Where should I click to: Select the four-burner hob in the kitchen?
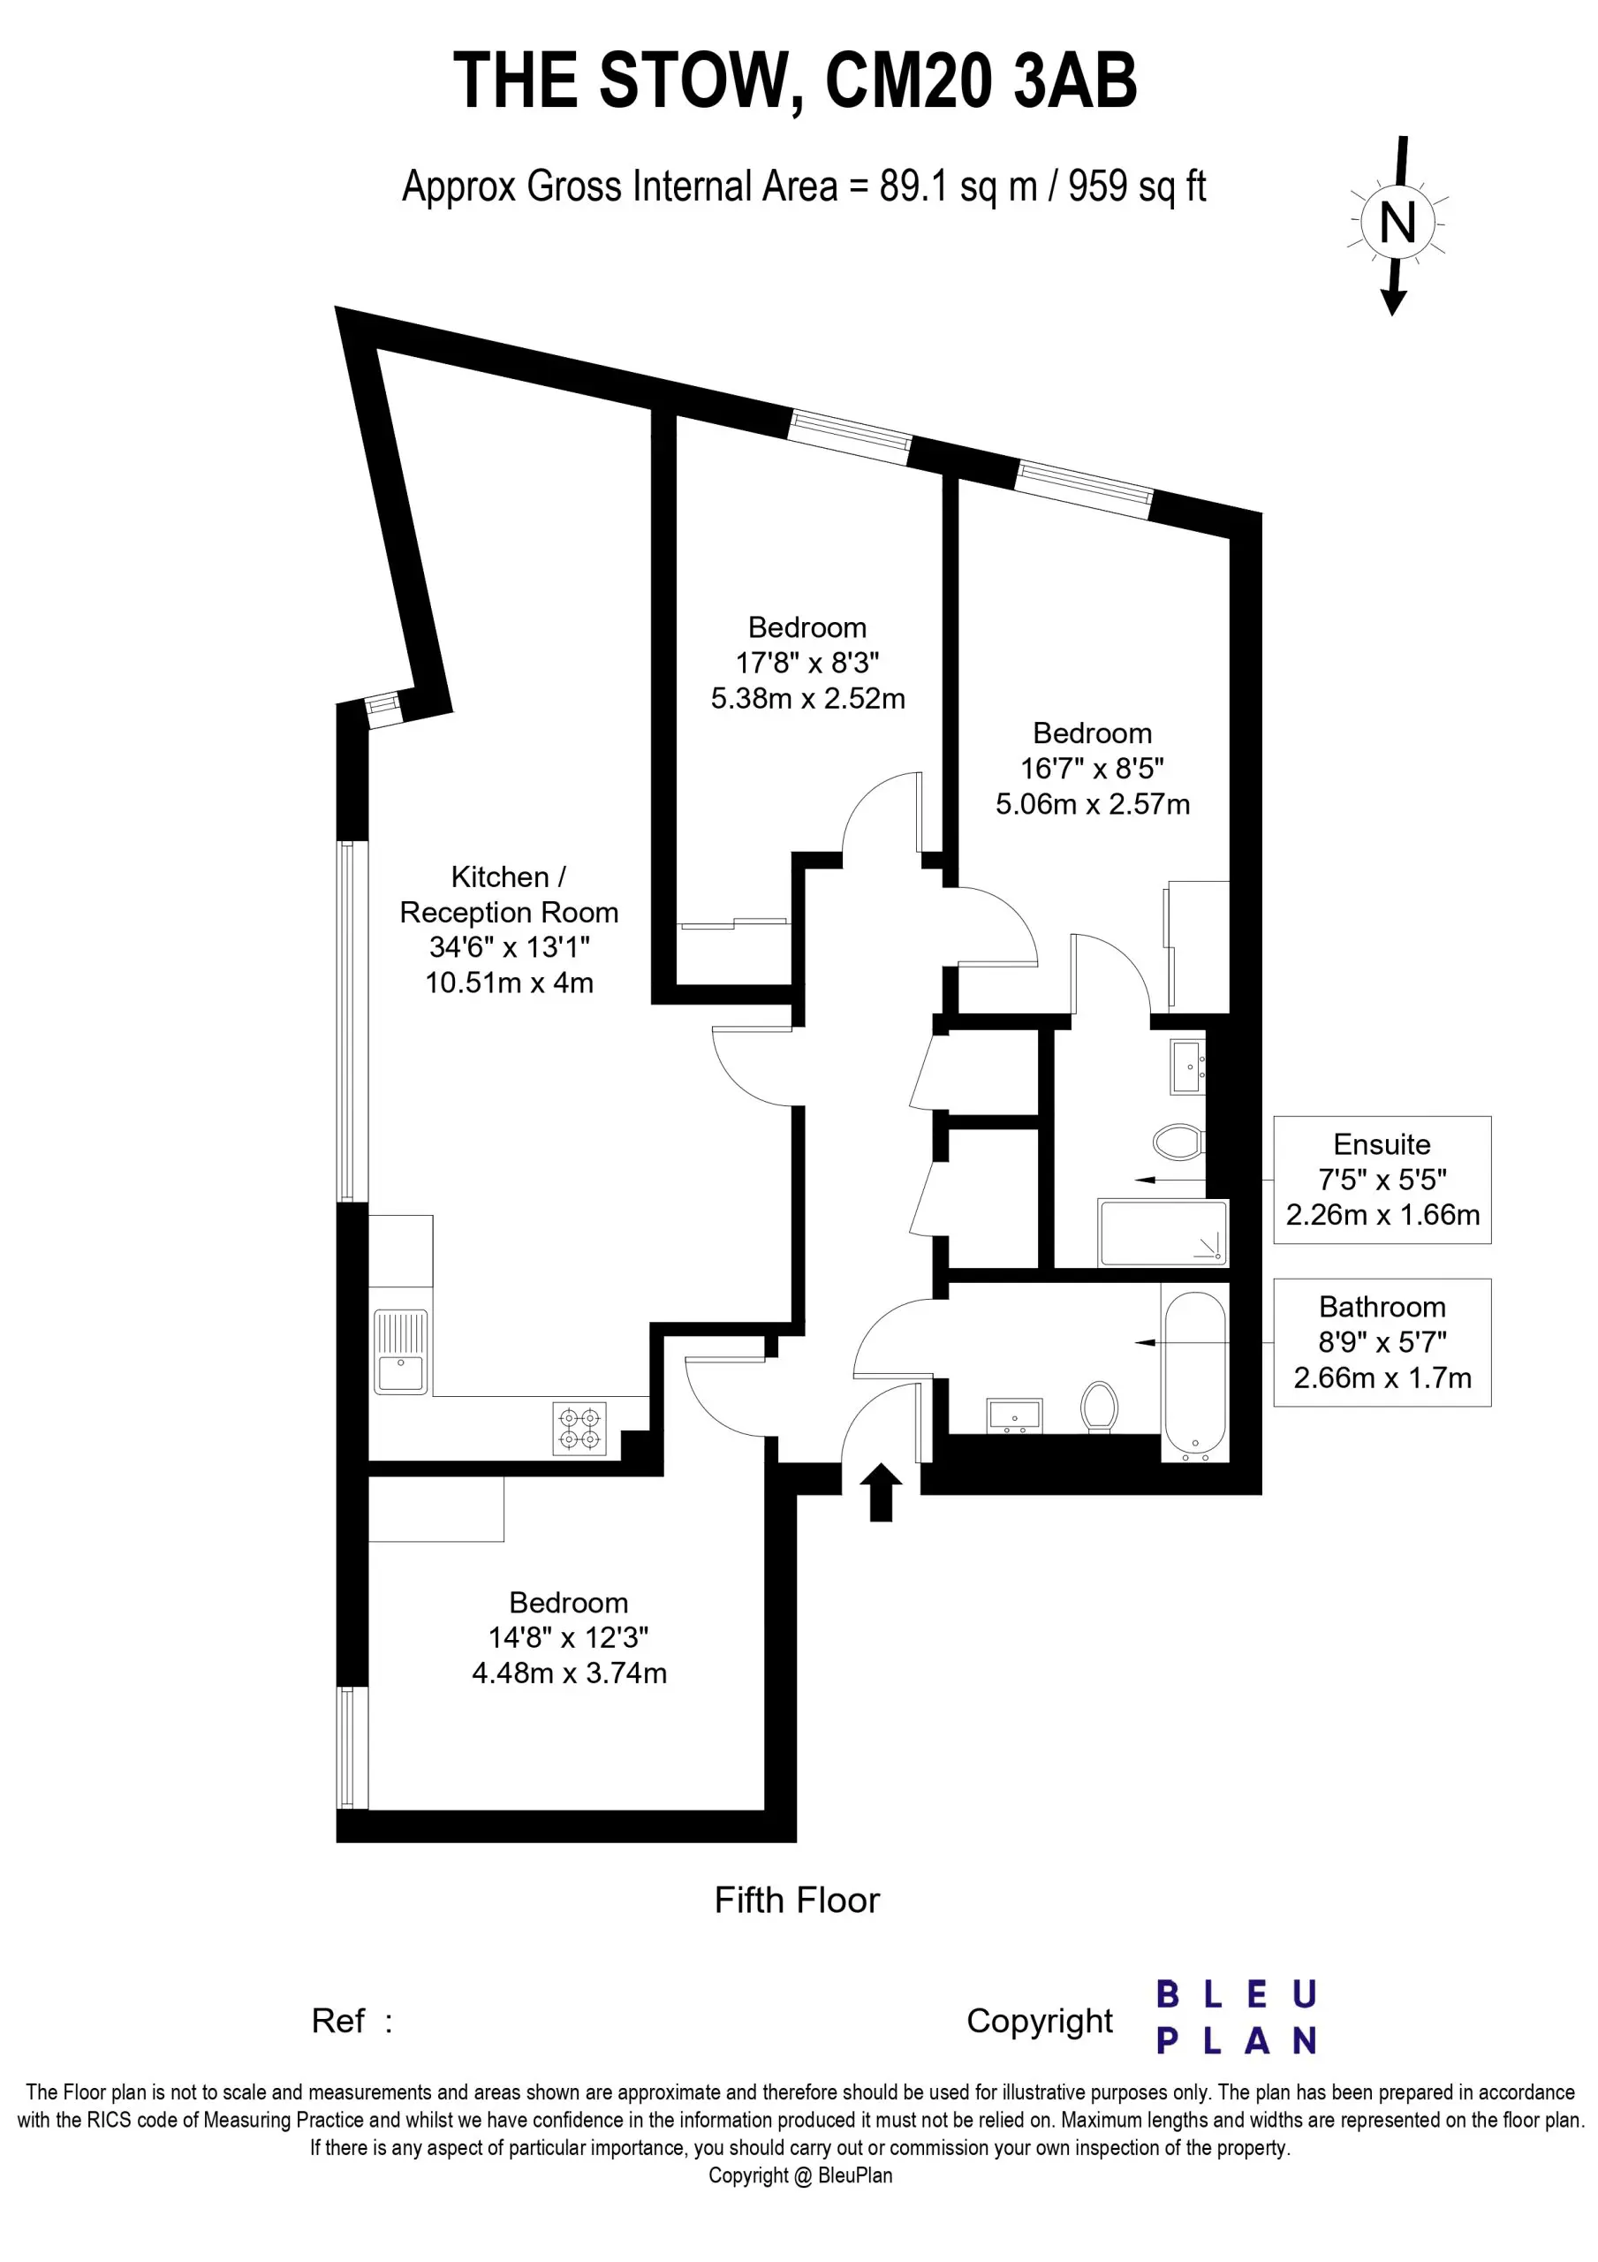coord(579,1430)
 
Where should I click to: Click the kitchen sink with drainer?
coord(400,1352)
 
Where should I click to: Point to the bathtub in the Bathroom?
coord(1195,1377)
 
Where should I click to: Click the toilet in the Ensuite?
coord(1178,1142)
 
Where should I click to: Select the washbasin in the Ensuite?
coord(1188,1067)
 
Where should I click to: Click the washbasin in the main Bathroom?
coord(1015,1416)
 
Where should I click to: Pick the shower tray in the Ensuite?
coord(1163,1233)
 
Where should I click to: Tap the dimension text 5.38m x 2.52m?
coord(808,699)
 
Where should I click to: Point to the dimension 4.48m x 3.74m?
coord(570,1673)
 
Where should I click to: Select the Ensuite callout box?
coord(1382,1180)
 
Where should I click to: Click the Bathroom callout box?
coord(1382,1342)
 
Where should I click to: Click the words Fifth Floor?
coord(797,1901)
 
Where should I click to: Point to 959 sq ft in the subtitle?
coord(1137,186)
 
